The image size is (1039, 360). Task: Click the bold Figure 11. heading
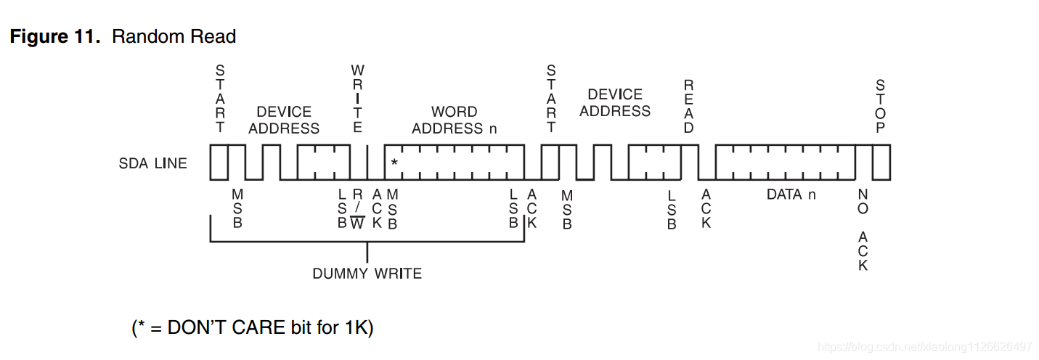(x=55, y=37)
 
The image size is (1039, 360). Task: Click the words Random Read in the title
(x=174, y=37)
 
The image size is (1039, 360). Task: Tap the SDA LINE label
(x=152, y=163)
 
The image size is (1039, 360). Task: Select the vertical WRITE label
(x=357, y=99)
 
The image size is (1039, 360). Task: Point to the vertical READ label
(x=688, y=107)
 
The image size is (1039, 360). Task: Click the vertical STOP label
(x=880, y=107)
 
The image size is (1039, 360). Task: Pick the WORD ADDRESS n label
(x=455, y=120)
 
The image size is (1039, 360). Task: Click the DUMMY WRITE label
(x=367, y=274)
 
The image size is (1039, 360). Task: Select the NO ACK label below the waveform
(x=863, y=230)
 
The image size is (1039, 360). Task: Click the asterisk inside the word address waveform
(x=394, y=163)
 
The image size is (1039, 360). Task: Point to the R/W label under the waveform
(x=357, y=208)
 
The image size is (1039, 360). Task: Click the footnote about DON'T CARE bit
(x=253, y=327)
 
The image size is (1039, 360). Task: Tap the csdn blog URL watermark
(x=924, y=346)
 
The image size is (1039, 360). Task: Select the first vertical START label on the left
(x=220, y=99)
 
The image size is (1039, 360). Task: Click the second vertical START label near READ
(x=551, y=99)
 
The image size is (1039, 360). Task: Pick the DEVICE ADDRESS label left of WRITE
(x=284, y=120)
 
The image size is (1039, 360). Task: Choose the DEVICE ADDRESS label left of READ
(x=615, y=103)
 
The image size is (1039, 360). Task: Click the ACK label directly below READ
(x=706, y=208)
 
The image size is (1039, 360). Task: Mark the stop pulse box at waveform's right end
(x=881, y=163)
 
